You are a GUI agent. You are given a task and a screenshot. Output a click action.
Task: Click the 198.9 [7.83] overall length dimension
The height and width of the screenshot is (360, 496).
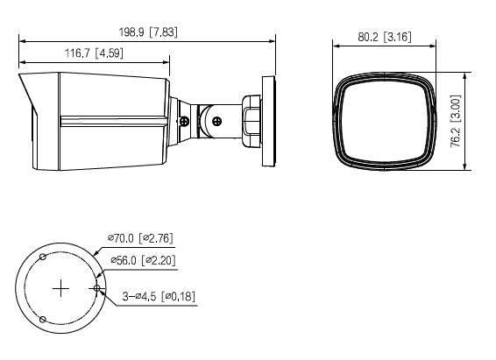[148, 32]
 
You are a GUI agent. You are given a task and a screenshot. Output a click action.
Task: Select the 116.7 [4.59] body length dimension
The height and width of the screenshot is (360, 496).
[94, 53]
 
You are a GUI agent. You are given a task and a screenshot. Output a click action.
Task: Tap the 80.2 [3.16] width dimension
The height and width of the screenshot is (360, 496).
[385, 37]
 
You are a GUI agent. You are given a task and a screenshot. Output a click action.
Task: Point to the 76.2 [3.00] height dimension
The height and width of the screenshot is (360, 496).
[455, 121]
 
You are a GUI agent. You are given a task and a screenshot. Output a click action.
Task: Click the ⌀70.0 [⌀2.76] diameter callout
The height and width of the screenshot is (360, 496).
[140, 238]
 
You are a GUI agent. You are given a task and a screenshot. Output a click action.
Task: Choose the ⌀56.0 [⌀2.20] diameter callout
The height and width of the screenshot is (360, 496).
[143, 260]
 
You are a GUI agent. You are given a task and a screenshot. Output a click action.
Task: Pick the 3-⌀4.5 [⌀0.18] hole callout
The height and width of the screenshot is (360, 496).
[159, 296]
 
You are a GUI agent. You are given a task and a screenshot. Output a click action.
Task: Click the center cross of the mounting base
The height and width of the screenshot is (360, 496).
[60, 288]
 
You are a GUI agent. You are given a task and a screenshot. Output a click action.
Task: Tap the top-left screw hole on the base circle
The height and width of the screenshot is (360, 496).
[43, 257]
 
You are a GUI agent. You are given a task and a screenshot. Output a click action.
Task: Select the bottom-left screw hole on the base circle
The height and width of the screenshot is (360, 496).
[43, 320]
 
